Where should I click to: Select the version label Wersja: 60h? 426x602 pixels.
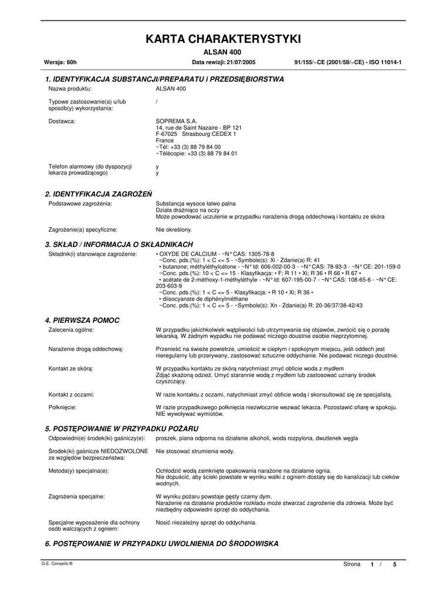pos(61,62)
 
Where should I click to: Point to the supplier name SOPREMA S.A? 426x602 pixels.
pos(172,121)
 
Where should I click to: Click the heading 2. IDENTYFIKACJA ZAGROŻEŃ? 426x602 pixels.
pos(99,193)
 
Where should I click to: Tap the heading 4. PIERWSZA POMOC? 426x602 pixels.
pos(82,320)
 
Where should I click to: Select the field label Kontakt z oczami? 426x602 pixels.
pos(72,394)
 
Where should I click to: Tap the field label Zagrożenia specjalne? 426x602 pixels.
pos(76,497)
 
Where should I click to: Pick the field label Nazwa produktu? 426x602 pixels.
pos(69,88)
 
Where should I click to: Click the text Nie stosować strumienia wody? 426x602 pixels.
pos(195,451)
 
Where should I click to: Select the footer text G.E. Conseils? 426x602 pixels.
pos(56,563)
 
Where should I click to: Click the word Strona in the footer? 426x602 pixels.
pos(351,564)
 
